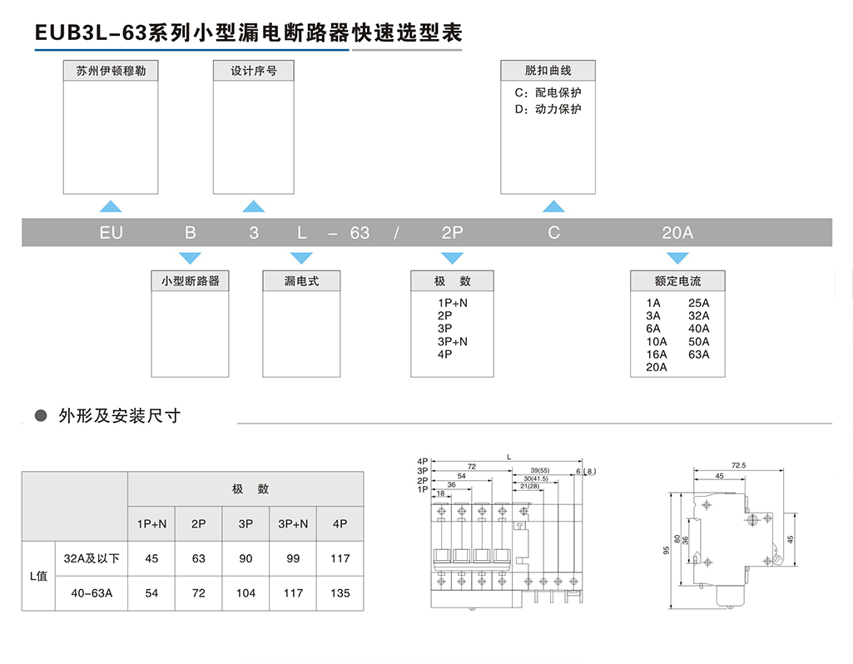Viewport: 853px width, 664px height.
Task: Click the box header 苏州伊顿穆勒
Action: (x=111, y=71)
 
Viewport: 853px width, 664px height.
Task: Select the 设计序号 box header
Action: (x=254, y=71)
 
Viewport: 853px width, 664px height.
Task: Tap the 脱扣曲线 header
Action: (x=548, y=71)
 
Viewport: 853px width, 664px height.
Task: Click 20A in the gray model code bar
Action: (x=677, y=233)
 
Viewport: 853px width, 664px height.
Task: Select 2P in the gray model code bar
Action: (x=452, y=233)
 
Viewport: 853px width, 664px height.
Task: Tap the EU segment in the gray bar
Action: (x=111, y=233)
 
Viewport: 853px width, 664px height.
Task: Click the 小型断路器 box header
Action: (x=190, y=281)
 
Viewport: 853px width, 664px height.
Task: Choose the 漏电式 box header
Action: (x=301, y=281)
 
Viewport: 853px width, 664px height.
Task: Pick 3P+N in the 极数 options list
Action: (x=453, y=341)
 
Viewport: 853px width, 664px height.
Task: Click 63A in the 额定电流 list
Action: (x=699, y=354)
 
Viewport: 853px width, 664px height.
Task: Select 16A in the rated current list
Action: (x=657, y=354)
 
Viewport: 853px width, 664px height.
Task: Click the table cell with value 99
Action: (x=293, y=558)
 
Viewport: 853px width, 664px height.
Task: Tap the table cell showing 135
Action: (x=340, y=593)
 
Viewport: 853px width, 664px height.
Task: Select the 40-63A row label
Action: (x=91, y=593)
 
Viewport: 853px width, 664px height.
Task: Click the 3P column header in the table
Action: (x=245, y=523)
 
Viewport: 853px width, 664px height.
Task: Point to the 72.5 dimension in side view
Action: (x=738, y=465)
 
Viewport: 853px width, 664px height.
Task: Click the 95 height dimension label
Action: (x=667, y=550)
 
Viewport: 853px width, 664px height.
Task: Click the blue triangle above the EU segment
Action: (x=111, y=206)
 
